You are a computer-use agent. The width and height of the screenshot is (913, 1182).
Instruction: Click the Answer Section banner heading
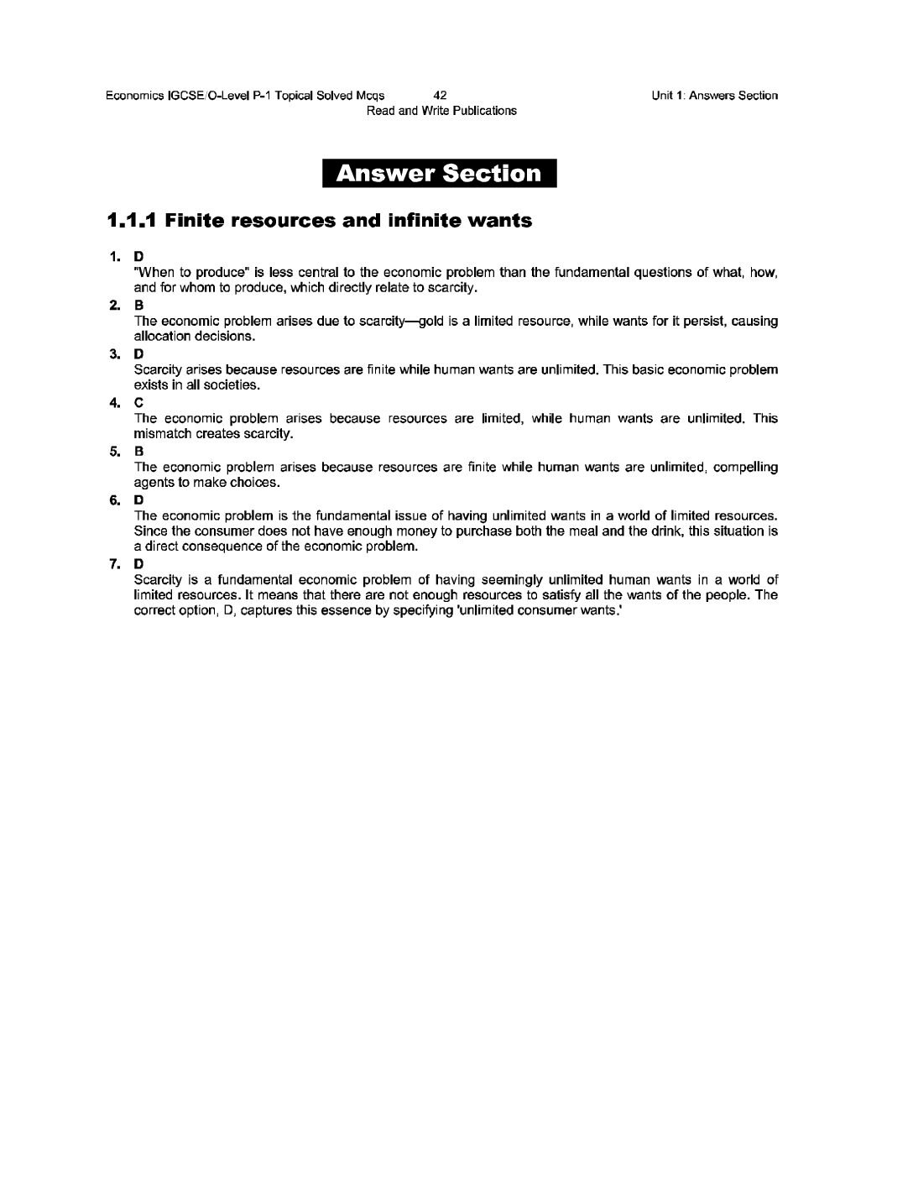439,174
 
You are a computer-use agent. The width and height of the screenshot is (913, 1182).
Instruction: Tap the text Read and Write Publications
441,111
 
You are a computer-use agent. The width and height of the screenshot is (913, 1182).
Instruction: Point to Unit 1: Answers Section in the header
714,96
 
